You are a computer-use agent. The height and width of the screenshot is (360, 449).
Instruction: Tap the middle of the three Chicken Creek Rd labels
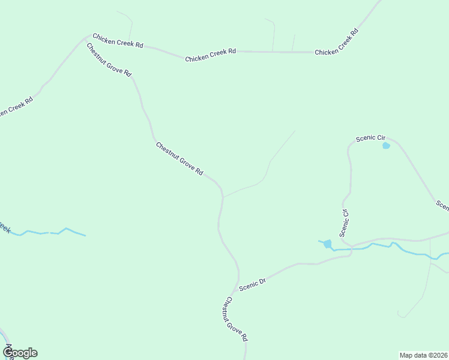click(x=210, y=55)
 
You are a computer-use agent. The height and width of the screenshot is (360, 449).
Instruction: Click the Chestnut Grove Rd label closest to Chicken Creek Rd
click(x=109, y=59)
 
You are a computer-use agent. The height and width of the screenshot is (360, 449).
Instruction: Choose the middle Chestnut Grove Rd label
click(x=179, y=158)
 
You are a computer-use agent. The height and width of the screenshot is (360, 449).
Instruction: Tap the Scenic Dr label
click(x=252, y=284)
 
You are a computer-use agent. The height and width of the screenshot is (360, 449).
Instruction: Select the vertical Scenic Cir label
click(x=344, y=222)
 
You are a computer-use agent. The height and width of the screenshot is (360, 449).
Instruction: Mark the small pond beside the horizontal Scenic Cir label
click(x=386, y=145)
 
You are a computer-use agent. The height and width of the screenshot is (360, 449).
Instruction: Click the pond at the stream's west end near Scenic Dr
click(x=327, y=244)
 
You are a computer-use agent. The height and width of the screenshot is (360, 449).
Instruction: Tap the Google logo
click(x=20, y=353)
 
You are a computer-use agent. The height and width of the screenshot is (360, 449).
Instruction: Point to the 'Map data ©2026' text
click(x=424, y=355)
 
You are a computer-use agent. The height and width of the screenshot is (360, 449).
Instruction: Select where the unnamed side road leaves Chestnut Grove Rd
click(x=223, y=196)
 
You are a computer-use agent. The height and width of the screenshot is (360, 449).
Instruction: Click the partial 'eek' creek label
click(x=4, y=228)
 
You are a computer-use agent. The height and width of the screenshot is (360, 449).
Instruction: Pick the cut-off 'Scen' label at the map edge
click(x=443, y=205)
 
